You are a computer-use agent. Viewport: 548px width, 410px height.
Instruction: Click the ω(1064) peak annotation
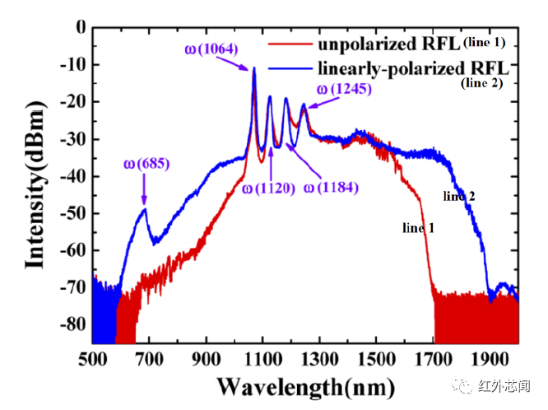tap(212, 49)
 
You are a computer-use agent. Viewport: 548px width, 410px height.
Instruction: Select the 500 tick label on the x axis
tap(93, 359)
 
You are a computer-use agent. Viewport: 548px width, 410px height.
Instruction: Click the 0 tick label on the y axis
tap(80, 27)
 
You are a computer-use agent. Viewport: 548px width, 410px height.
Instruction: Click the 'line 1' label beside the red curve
tap(418, 228)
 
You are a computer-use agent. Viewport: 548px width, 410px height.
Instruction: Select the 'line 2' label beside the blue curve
tap(459, 196)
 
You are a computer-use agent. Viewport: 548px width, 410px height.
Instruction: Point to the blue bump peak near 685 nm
tap(145, 209)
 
